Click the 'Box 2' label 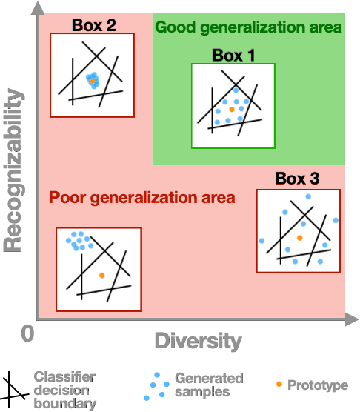click(x=93, y=24)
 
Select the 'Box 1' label click(x=233, y=55)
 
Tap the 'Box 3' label click(x=297, y=179)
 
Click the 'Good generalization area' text click(x=248, y=27)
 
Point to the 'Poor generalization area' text click(x=141, y=198)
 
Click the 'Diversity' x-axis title click(x=198, y=341)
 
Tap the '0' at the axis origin click(x=28, y=334)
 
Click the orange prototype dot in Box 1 click(x=232, y=109)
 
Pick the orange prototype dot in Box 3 click(x=299, y=238)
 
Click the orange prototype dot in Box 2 click(x=93, y=80)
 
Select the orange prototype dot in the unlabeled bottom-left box click(x=101, y=275)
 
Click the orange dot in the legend click(x=278, y=385)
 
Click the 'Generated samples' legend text click(x=203, y=385)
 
